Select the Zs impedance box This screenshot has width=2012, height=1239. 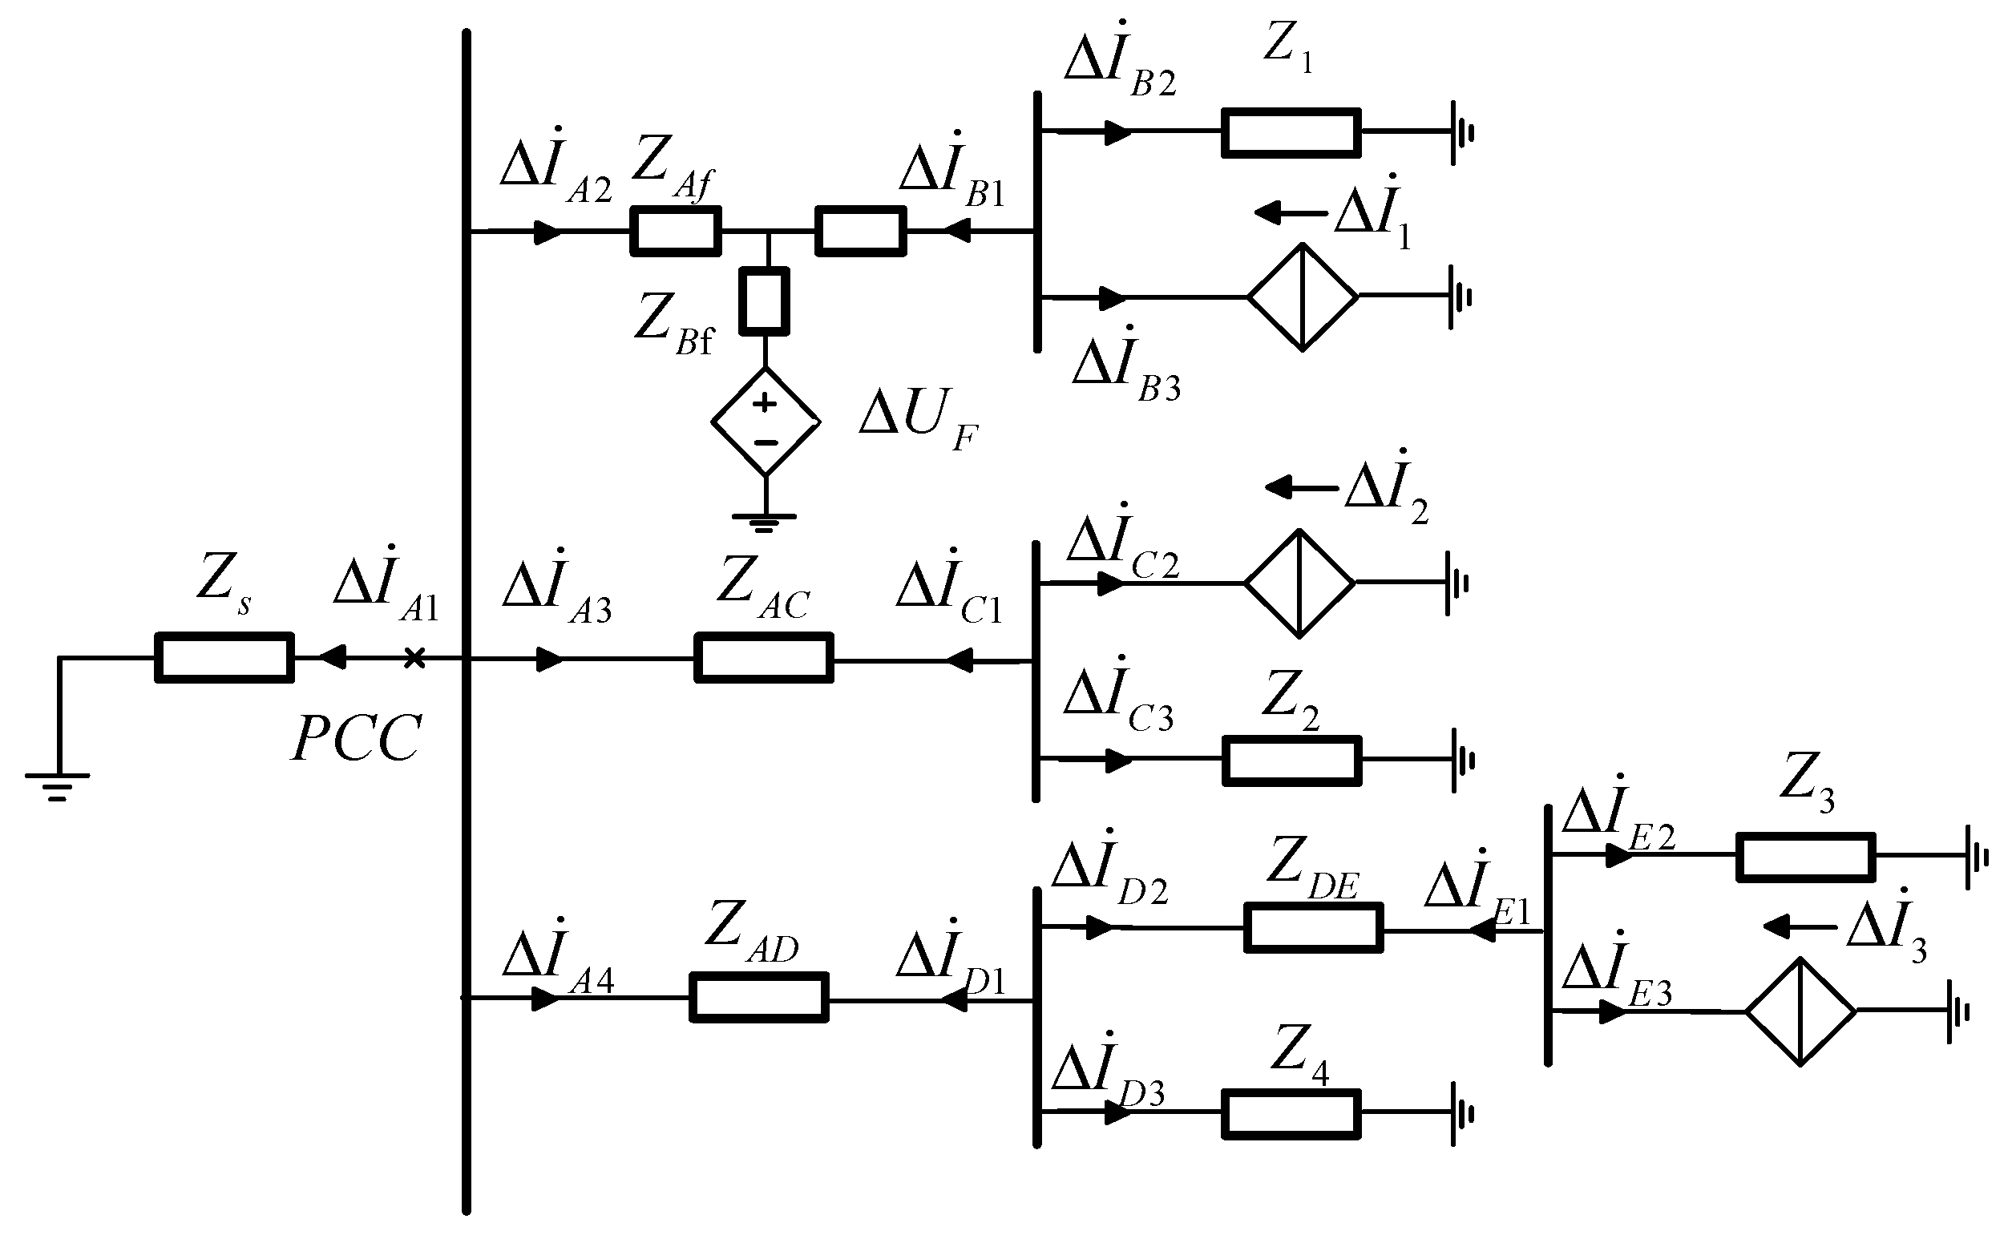[224, 657]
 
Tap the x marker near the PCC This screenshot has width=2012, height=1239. [414, 657]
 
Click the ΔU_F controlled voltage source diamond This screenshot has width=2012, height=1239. [765, 422]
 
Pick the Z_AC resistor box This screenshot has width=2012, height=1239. [763, 657]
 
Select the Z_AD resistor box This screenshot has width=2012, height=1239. [758, 997]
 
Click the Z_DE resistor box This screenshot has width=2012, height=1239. [1313, 927]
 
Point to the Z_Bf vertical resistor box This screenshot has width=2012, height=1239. [764, 301]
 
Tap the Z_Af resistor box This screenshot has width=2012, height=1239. [675, 231]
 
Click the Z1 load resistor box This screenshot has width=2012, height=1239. [1291, 132]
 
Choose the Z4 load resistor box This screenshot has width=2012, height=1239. [1291, 1114]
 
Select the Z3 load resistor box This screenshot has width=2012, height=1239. [1805, 858]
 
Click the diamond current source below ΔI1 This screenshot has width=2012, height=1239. [1303, 297]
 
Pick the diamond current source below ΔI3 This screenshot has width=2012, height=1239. [1800, 1011]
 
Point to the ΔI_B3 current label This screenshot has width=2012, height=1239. [1125, 365]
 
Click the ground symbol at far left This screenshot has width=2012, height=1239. [58, 786]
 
